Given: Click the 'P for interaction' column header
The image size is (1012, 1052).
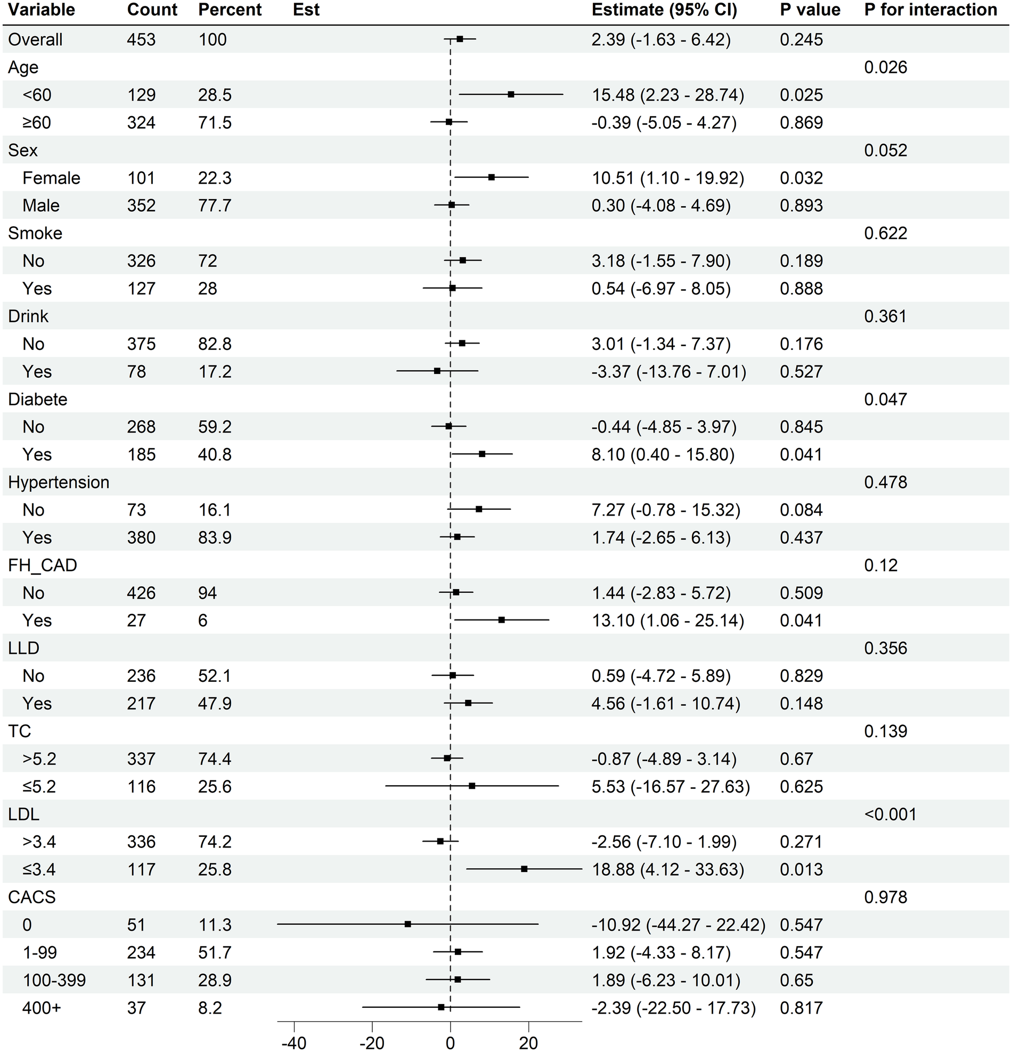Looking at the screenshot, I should pos(931,10).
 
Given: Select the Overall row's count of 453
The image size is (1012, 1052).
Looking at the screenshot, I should pos(141,40).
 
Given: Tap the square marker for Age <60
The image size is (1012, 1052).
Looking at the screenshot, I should pos(511,94).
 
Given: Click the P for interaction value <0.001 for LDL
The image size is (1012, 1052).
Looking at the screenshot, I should pos(890,814).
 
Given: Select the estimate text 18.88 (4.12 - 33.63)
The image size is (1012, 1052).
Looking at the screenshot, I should pos(667,869).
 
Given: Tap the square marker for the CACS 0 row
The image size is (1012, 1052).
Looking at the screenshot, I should pos(408,924).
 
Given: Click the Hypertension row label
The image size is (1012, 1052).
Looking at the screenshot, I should pos(59,482).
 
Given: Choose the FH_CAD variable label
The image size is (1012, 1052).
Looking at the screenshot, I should pos(43,565).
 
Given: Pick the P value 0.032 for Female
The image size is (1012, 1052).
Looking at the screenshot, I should pos(801,178).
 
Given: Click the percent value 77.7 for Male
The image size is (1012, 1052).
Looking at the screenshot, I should pos(215,206).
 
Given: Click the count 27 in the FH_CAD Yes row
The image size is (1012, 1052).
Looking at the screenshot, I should pos(136,621).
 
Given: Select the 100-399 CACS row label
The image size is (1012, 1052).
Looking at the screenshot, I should pos(54,980).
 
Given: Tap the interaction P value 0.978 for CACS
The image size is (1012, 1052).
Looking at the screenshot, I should pos(885,897).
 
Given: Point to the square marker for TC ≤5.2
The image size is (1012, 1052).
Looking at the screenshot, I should pos(472,786).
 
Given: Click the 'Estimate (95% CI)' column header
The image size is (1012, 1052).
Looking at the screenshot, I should pos(664,10).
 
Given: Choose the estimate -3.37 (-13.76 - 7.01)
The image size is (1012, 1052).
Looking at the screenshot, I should pos(668,371).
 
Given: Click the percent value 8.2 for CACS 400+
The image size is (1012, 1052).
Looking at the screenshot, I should pos(210,1007).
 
